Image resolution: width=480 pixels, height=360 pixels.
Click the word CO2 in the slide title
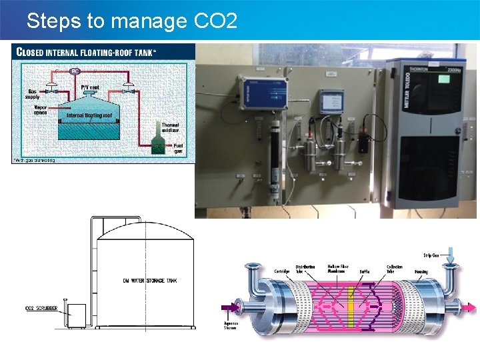[x=215, y=21]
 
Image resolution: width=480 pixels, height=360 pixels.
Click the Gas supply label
[x=33, y=94]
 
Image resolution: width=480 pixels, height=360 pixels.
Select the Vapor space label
[x=41, y=109]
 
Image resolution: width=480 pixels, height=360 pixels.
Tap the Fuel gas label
[x=178, y=149]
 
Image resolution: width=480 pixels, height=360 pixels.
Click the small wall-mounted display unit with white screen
[x=331, y=101]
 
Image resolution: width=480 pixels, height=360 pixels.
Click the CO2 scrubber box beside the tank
[x=77, y=315]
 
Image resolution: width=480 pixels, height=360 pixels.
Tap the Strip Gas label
[x=431, y=255]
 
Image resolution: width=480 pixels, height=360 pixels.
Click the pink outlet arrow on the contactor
[x=471, y=308]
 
